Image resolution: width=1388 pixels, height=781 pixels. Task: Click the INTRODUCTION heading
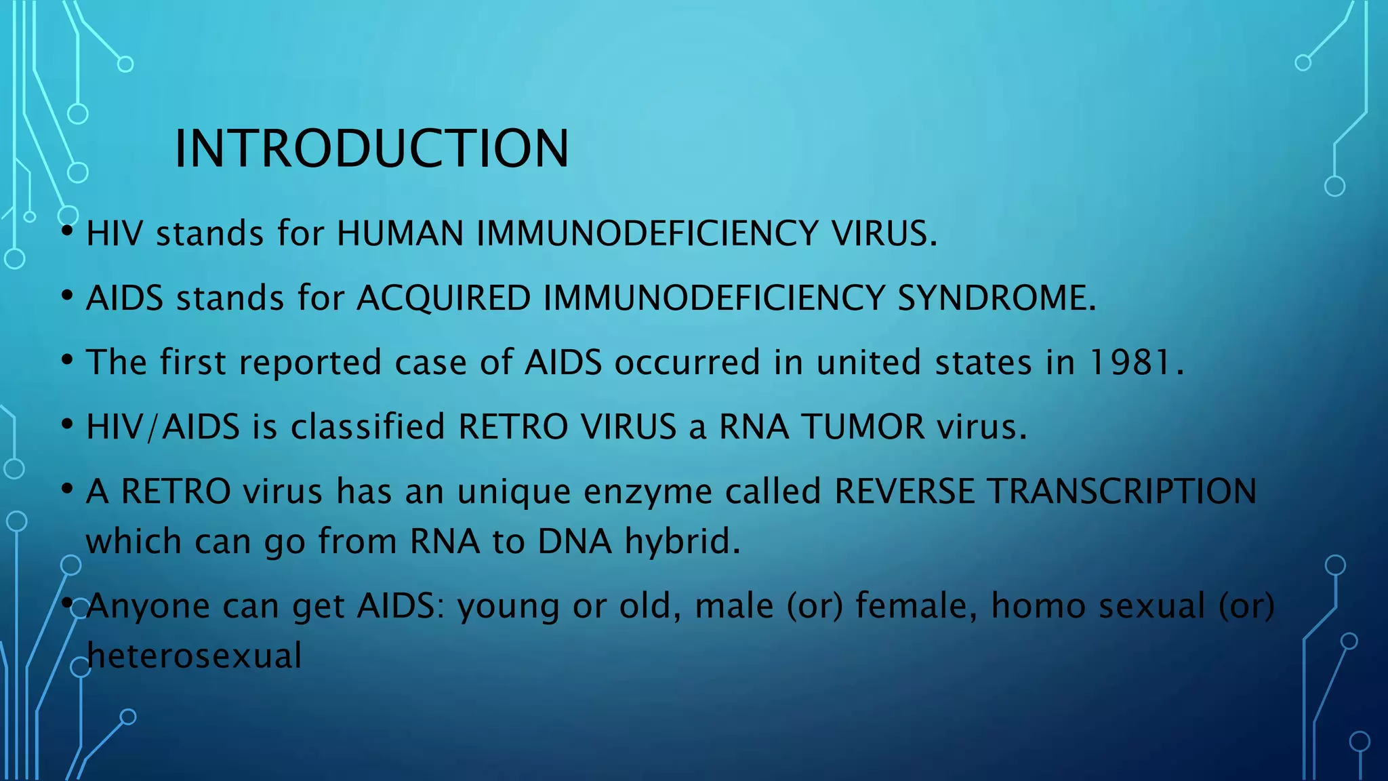coord(371,148)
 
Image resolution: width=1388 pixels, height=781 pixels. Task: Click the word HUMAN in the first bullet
coord(400,234)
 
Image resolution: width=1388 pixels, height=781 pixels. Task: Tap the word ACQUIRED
coord(443,298)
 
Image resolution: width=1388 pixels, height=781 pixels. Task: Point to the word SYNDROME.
coord(996,298)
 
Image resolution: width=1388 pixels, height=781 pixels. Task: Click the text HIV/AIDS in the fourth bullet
coord(163,427)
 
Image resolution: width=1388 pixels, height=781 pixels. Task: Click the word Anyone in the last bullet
coord(148,606)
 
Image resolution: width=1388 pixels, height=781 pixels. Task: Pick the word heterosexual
coord(194,656)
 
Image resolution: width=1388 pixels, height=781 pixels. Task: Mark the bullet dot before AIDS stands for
coord(66,296)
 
